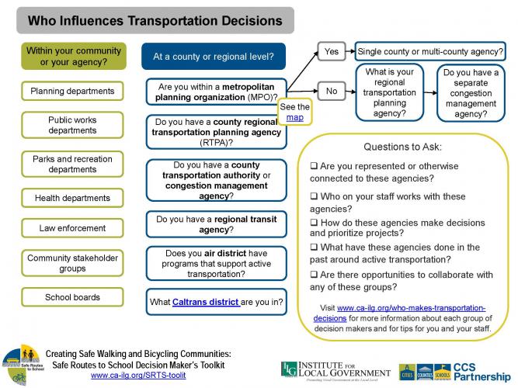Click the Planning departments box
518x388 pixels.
pyautogui.click(x=72, y=91)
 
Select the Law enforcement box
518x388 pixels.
pyautogui.click(x=72, y=228)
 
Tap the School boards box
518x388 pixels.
pyautogui.click(x=72, y=297)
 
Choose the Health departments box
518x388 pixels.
pyautogui.click(x=72, y=198)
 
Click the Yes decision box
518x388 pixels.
pyautogui.click(x=332, y=51)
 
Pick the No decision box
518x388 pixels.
pyautogui.click(x=332, y=91)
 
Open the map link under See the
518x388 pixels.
pyautogui.click(x=294, y=117)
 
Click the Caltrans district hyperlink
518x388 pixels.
pyautogui.click(x=206, y=302)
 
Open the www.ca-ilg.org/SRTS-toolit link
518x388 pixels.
pyautogui.click(x=138, y=376)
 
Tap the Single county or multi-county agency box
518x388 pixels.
pyautogui.click(x=430, y=51)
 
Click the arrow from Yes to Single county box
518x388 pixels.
pyautogui.click(x=350, y=51)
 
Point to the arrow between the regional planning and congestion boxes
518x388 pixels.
pyautogui.click(x=430, y=93)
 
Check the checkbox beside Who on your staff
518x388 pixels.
pyautogui.click(x=314, y=196)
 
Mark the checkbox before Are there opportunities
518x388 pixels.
pyautogui.click(x=314, y=275)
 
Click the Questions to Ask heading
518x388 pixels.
pyautogui.click(x=402, y=147)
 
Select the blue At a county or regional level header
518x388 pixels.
pyautogui.click(x=214, y=56)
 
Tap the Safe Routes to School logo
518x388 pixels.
pyautogui.click(x=23, y=365)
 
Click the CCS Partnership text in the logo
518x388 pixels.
pyautogui.click(x=482, y=372)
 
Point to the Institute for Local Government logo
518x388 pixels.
pyautogui.click(x=335, y=371)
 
